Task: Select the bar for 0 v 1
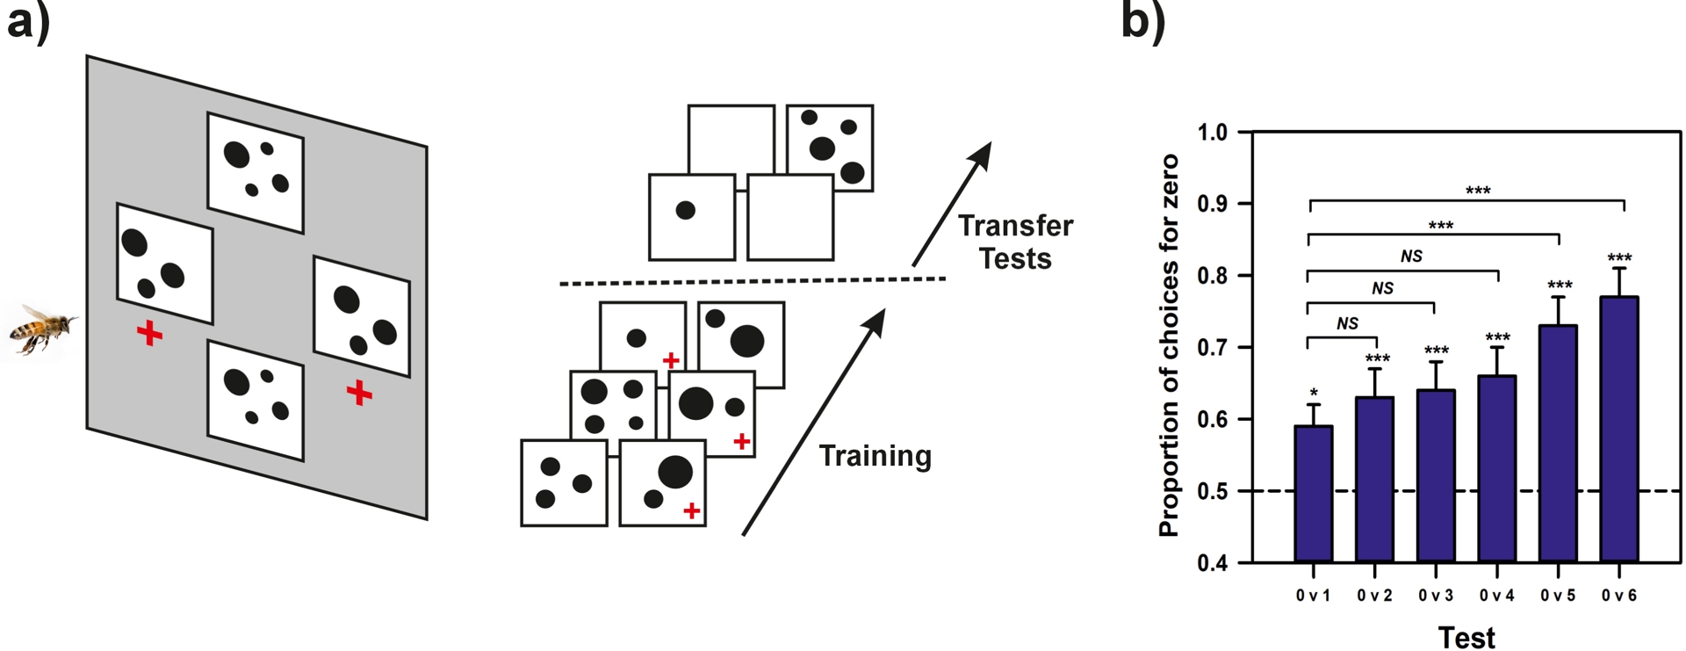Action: click(1313, 494)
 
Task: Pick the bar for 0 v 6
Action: click(1618, 430)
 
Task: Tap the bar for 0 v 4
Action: click(1496, 468)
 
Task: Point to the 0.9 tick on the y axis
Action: click(1212, 204)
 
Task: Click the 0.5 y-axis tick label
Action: click(1212, 491)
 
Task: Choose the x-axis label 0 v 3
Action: click(1436, 596)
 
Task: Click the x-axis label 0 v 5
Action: click(1558, 596)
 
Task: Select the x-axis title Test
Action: click(1466, 638)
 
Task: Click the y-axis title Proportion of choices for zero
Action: click(1169, 345)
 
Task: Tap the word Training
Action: click(875, 456)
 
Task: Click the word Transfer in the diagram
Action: click(1015, 226)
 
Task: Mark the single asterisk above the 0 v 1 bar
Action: click(1314, 393)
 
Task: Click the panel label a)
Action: click(28, 22)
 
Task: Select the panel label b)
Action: click(1142, 22)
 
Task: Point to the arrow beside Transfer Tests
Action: click(952, 204)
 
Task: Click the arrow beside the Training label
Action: click(813, 422)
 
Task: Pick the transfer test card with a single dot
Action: click(691, 217)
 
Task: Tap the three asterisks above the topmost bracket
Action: click(1478, 191)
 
